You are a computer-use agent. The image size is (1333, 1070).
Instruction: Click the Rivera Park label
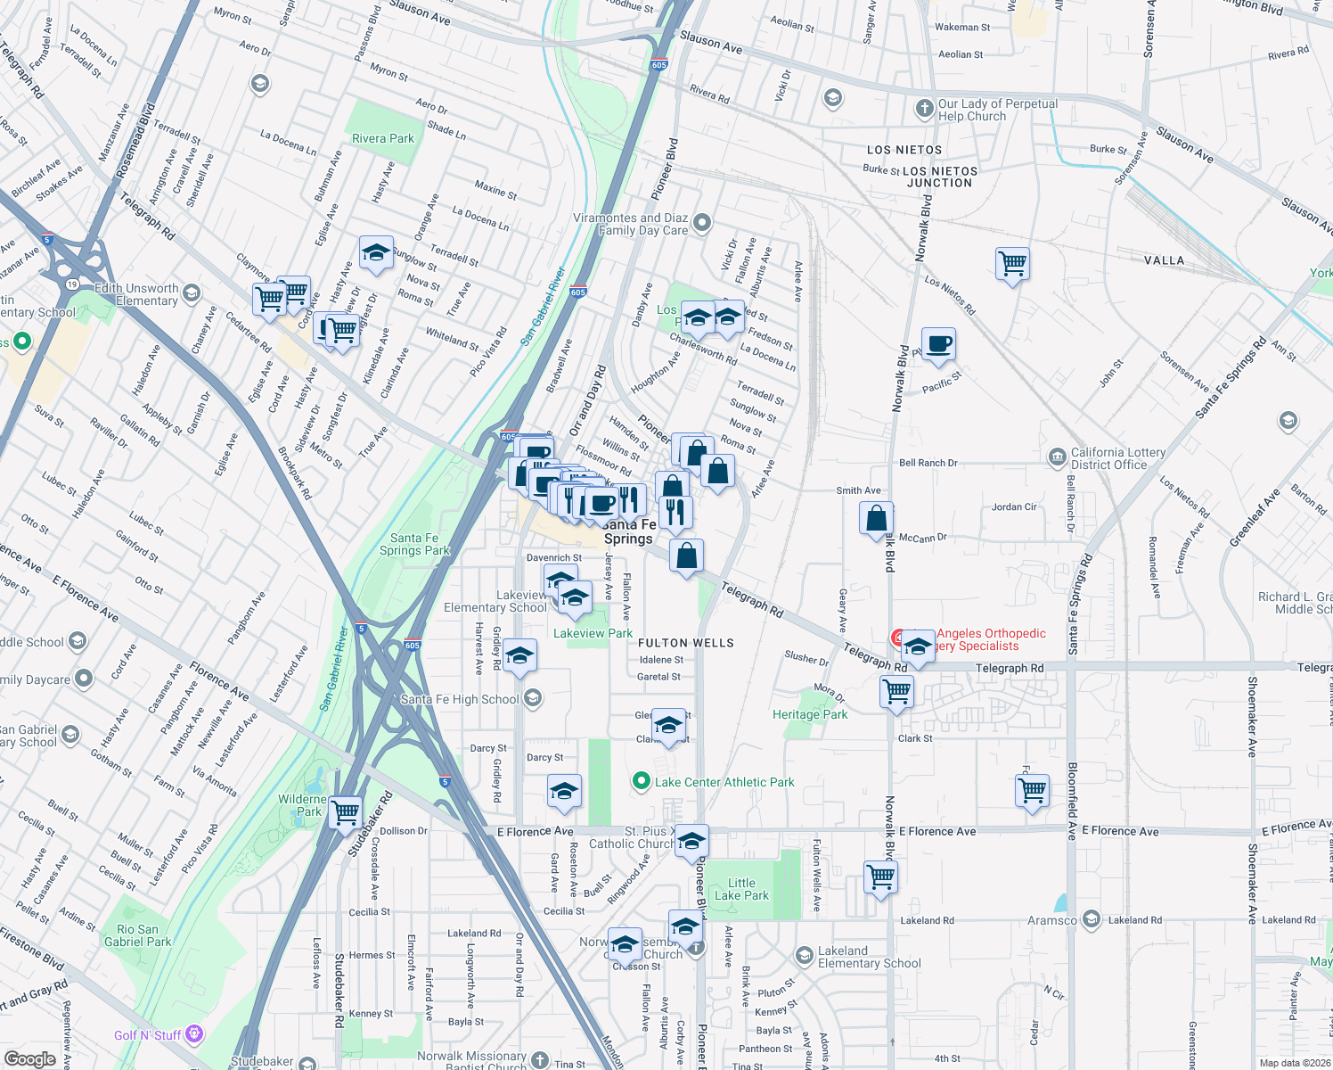pyautogui.click(x=382, y=138)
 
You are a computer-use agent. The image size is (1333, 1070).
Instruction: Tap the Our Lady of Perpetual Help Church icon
pyautogui.click(x=924, y=110)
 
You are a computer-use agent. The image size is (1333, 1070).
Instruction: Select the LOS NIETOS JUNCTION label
pyautogui.click(x=939, y=177)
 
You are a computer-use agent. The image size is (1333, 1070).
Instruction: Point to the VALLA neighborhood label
pyautogui.click(x=1164, y=260)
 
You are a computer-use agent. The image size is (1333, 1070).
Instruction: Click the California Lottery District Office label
pyautogui.click(x=1117, y=458)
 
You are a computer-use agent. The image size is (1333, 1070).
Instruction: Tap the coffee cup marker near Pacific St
pyautogui.click(x=937, y=344)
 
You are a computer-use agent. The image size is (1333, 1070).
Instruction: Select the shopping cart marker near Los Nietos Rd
pyautogui.click(x=1012, y=265)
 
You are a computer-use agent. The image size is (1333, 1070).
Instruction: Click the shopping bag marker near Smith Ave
pyautogui.click(x=876, y=519)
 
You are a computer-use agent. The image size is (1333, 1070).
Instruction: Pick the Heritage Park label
pyautogui.click(x=810, y=714)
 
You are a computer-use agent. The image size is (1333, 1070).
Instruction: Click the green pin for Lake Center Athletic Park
pyautogui.click(x=641, y=782)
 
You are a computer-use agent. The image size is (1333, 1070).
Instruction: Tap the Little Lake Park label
pyautogui.click(x=741, y=889)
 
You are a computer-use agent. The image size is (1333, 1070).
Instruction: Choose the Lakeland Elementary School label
pyautogui.click(x=869, y=957)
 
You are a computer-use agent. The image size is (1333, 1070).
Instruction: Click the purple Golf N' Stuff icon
pyautogui.click(x=194, y=1034)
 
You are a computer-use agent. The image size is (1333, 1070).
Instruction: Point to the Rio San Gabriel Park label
pyautogui.click(x=137, y=935)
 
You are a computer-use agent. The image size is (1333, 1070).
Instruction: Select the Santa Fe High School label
pyautogui.click(x=459, y=699)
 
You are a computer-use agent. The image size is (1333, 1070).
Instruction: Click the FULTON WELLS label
pyautogui.click(x=685, y=643)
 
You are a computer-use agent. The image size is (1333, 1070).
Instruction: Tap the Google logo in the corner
pyautogui.click(x=29, y=1058)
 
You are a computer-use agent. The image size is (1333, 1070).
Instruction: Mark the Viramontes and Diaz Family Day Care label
pyautogui.click(x=630, y=224)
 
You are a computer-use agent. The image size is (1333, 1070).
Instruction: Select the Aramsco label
pyautogui.click(x=1051, y=920)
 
